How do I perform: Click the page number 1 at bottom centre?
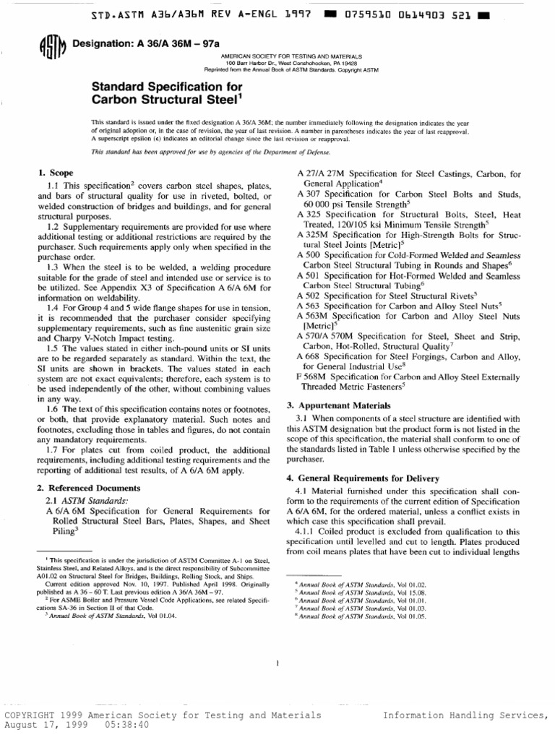tap(277, 663)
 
